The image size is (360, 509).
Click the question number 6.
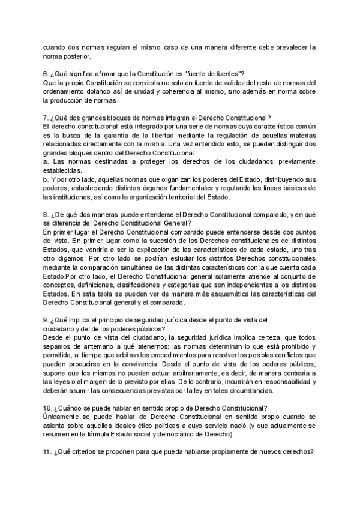47,73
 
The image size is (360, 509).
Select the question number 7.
47,116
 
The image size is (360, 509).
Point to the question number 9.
47,319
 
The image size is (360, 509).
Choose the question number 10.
49,408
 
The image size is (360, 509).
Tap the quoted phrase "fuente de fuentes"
212,73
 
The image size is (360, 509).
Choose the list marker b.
46,178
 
